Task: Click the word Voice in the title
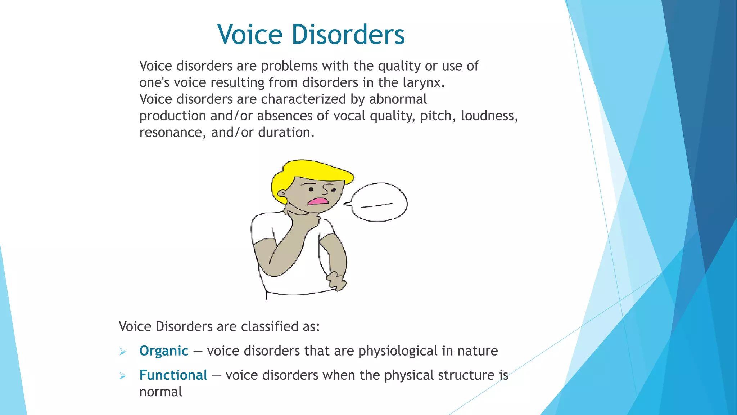click(250, 35)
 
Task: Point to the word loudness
click(489, 116)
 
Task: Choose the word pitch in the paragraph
click(435, 116)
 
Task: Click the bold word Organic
click(164, 351)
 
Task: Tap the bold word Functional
click(173, 375)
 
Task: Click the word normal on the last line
click(160, 392)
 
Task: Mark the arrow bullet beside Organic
click(123, 352)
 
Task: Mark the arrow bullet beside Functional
click(123, 376)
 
